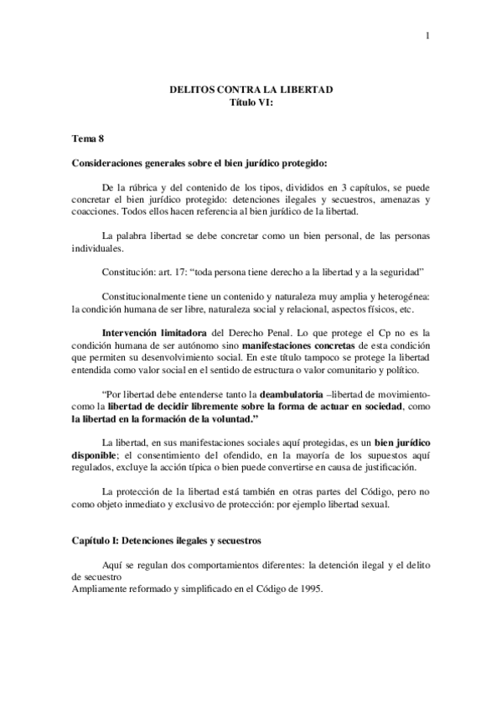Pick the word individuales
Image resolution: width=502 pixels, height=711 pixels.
point(98,248)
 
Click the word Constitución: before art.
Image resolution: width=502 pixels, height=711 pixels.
point(129,273)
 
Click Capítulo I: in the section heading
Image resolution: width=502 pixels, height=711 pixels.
point(99,541)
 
